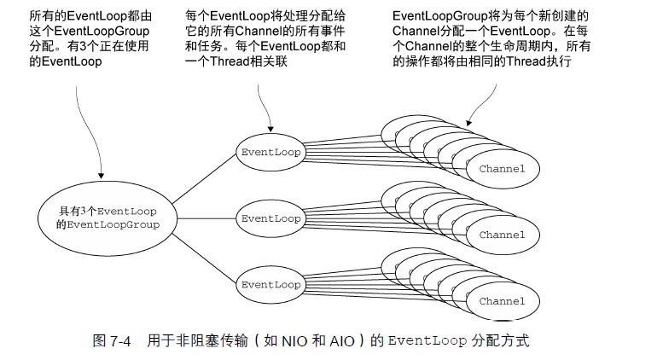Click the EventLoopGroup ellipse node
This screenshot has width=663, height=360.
point(108,217)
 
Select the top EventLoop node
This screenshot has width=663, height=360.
point(270,152)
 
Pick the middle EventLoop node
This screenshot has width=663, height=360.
point(270,218)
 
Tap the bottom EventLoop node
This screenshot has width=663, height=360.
point(270,284)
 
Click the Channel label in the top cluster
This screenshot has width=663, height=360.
point(502,169)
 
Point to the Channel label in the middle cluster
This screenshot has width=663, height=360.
point(502,235)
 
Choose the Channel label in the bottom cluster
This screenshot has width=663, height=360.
point(502,301)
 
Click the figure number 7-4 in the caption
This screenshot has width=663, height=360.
point(120,341)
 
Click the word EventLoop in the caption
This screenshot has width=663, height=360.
point(427,341)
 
